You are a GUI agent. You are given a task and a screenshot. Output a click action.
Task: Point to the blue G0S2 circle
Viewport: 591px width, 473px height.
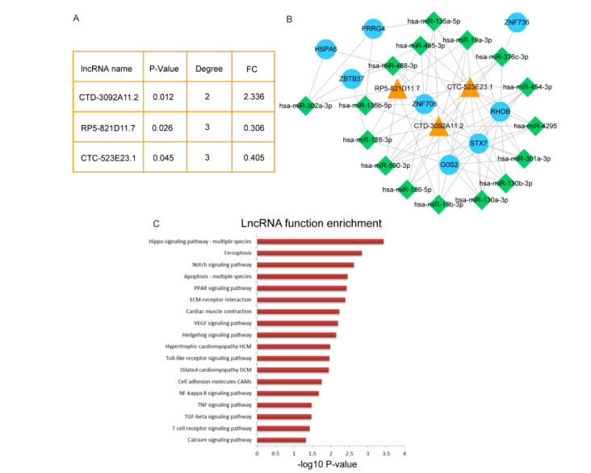[450, 165]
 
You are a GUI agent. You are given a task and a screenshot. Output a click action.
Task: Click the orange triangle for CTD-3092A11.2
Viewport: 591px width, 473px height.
[438, 128]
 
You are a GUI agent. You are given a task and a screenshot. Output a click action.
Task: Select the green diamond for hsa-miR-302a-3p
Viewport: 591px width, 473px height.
[305, 106]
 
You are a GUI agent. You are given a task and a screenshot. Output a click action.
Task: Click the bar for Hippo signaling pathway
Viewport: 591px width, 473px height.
[321, 241]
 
